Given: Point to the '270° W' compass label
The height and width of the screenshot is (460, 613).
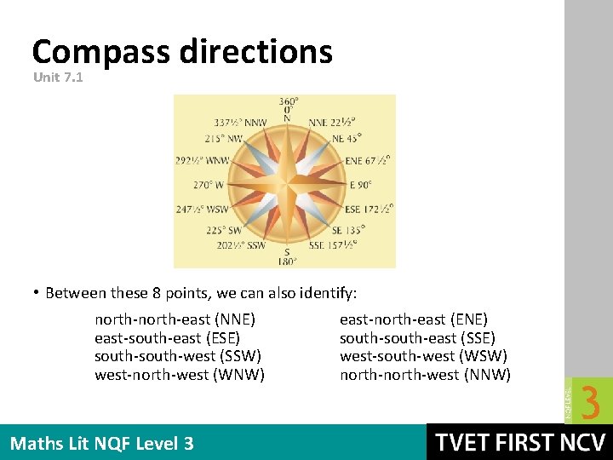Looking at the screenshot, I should click(209, 184).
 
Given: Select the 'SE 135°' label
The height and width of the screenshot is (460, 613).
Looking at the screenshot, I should click(349, 229).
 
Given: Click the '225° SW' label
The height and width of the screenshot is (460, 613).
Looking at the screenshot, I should click(224, 229).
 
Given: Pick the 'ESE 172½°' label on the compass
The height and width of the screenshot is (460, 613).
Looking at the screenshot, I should click(369, 209).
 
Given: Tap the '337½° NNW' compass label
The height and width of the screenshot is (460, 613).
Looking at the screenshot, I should click(240, 123).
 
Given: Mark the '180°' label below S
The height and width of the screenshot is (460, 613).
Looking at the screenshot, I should click(287, 261).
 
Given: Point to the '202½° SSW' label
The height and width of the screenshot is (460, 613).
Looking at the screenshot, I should click(241, 245).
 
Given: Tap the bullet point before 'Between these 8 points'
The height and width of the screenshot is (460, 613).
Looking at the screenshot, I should click(37, 293).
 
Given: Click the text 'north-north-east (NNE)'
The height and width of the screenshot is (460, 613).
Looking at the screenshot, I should click(175, 319).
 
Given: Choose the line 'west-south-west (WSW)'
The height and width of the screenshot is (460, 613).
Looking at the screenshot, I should click(423, 356).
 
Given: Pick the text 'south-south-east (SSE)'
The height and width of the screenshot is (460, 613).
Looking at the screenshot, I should click(417, 338).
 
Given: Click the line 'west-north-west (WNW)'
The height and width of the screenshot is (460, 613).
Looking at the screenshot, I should click(180, 374).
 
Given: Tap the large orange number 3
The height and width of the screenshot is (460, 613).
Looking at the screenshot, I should click(589, 402).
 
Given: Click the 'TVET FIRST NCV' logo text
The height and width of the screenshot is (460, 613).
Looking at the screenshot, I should click(520, 443).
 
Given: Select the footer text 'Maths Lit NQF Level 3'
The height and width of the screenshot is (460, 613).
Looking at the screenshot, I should click(102, 443).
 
